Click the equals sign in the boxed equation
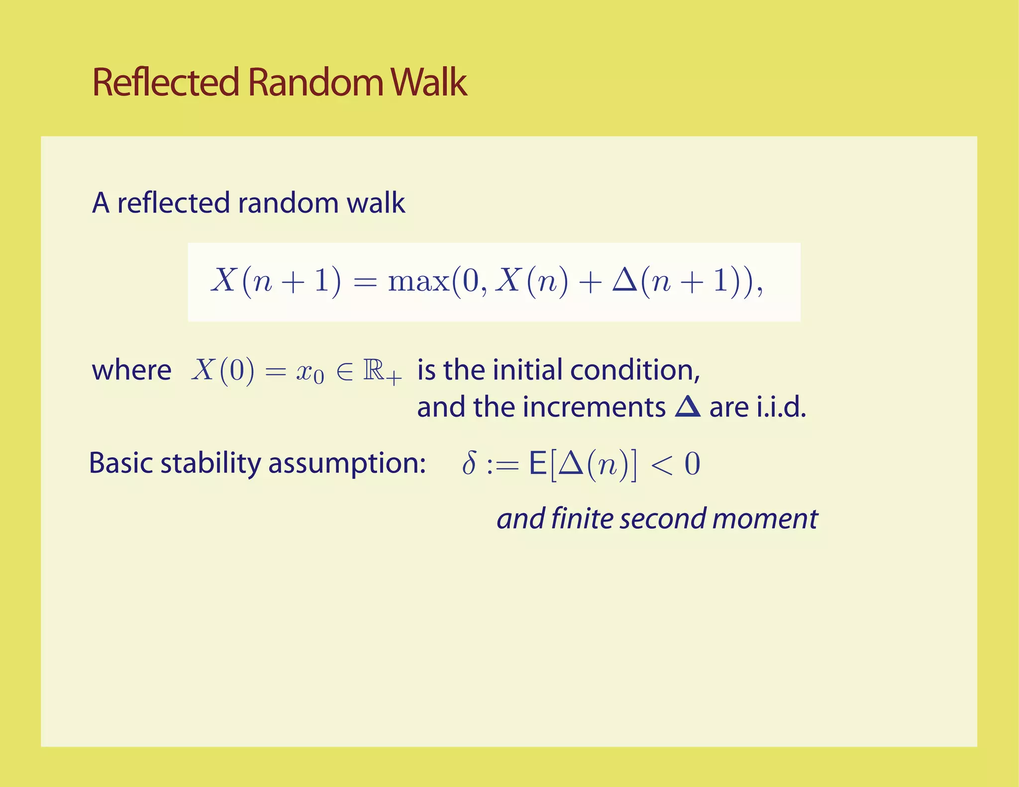pos(365,282)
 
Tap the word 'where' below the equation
pos(132,371)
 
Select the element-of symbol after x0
pos(344,371)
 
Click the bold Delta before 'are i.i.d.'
pos(688,407)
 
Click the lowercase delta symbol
pos(469,463)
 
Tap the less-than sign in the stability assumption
pos(662,464)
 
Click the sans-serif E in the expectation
pos(537,464)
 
